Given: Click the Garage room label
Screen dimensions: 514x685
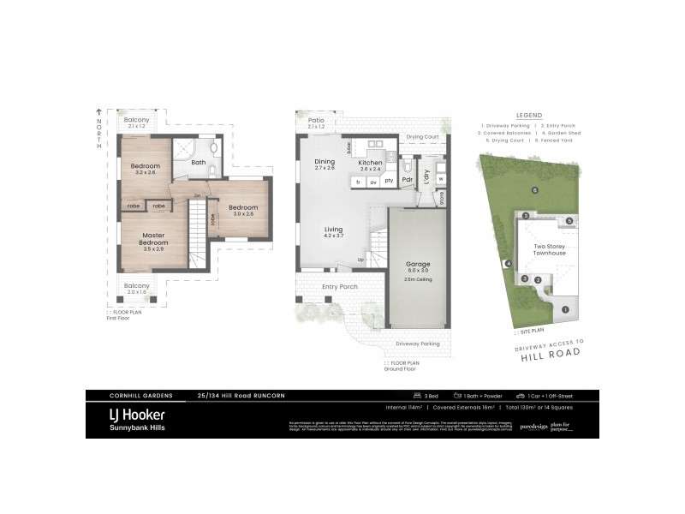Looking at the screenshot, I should pos(418,264).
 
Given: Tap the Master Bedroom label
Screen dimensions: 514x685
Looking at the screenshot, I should pos(154,239).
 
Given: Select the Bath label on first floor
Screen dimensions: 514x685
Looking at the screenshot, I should pos(199,162).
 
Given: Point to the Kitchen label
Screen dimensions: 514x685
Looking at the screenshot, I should pos(370,162).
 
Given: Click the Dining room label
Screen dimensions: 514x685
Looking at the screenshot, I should pos(325,162).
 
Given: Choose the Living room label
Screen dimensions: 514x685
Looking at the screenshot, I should pos(334,229).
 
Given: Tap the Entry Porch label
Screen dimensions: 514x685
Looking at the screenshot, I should pos(340,287).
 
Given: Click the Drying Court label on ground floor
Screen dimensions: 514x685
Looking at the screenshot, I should pos(423,137).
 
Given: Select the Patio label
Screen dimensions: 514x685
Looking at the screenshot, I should pos(317,121).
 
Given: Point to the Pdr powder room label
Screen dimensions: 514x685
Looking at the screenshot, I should pos(408,179).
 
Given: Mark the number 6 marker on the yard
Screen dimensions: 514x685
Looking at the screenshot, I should pos(534,190).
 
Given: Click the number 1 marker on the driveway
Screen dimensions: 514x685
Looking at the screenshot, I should pos(565,309).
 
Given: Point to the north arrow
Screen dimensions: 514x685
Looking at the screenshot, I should pos(98,112).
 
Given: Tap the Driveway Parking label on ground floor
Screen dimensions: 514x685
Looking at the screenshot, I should pos(418,344).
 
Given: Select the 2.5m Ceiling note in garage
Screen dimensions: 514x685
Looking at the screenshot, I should pos(418,279).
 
